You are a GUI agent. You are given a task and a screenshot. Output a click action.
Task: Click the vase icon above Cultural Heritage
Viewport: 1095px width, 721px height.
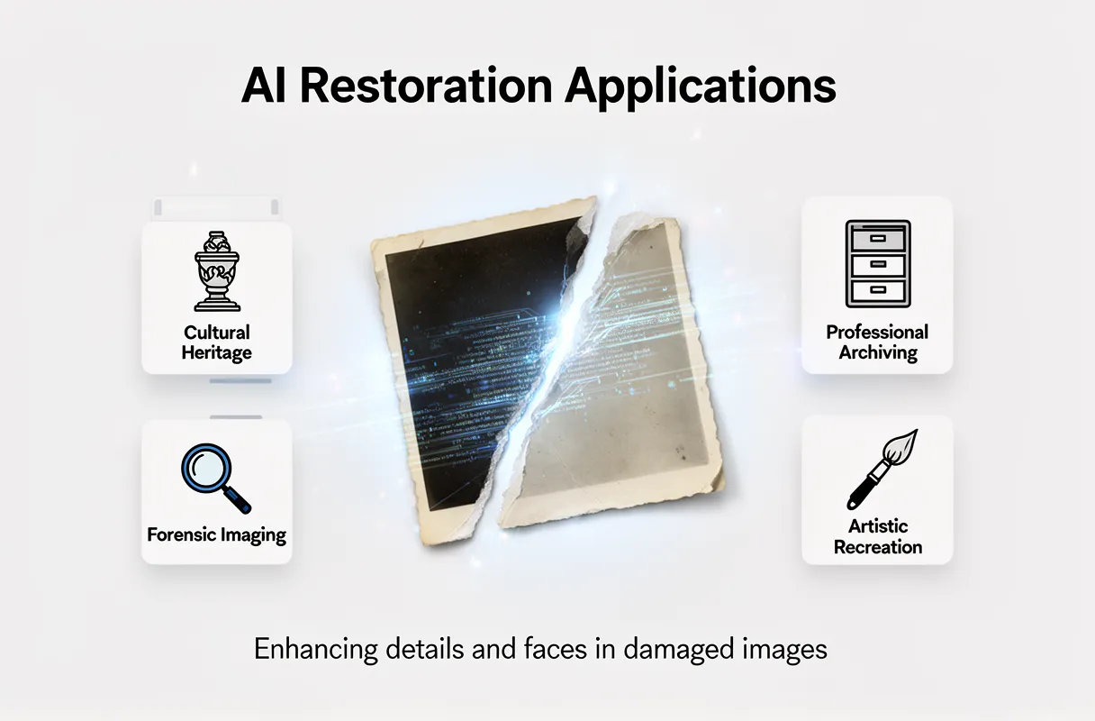point(216,271)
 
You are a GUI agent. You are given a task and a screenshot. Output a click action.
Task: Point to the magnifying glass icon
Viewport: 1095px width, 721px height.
point(215,477)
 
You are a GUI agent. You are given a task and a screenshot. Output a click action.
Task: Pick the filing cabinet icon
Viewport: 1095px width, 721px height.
point(877,265)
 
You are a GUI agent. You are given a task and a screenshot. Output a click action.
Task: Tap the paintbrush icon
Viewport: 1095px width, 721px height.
point(881,470)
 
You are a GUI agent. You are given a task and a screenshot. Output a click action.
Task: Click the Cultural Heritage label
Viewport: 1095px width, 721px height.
point(216,342)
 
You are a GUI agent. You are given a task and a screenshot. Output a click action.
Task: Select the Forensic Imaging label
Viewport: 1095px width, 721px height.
point(216,534)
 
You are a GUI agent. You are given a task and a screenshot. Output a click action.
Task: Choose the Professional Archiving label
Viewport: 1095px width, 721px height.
point(877,342)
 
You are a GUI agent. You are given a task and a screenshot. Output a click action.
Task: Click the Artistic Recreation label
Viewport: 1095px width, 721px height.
point(877,536)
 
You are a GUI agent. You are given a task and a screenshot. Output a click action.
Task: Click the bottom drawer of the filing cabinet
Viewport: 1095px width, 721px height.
point(877,291)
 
